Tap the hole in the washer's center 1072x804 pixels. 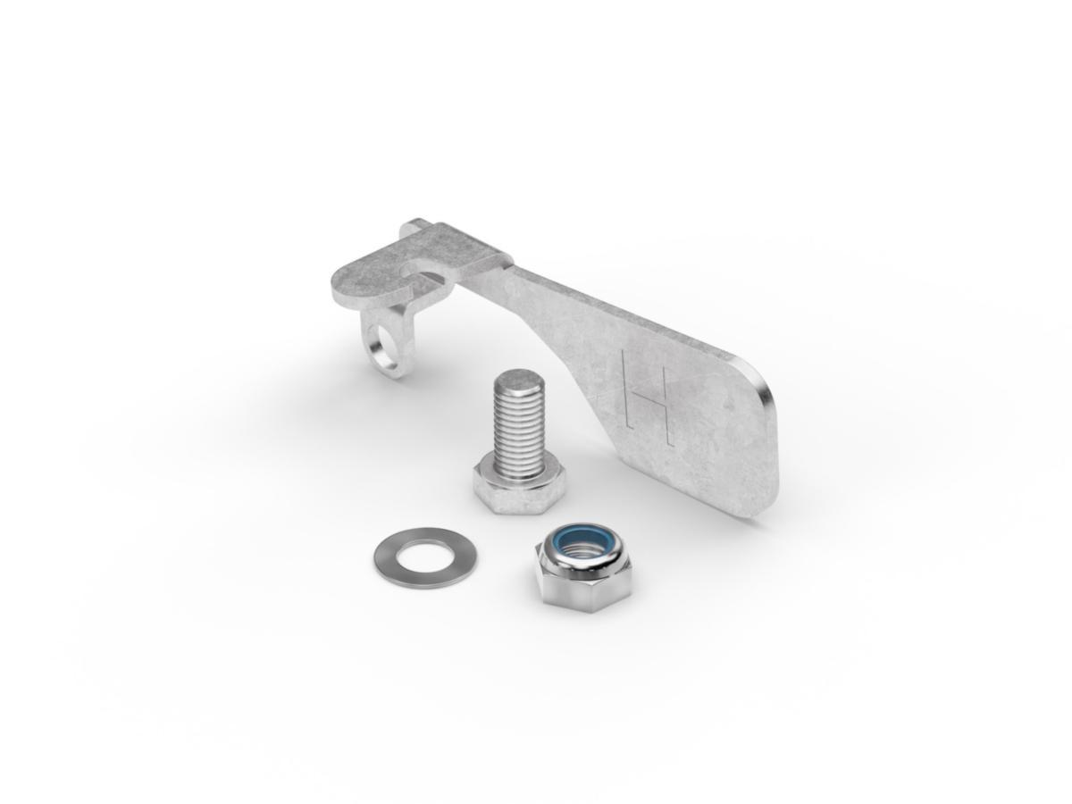point(424,557)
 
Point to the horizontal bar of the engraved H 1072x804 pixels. point(647,398)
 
